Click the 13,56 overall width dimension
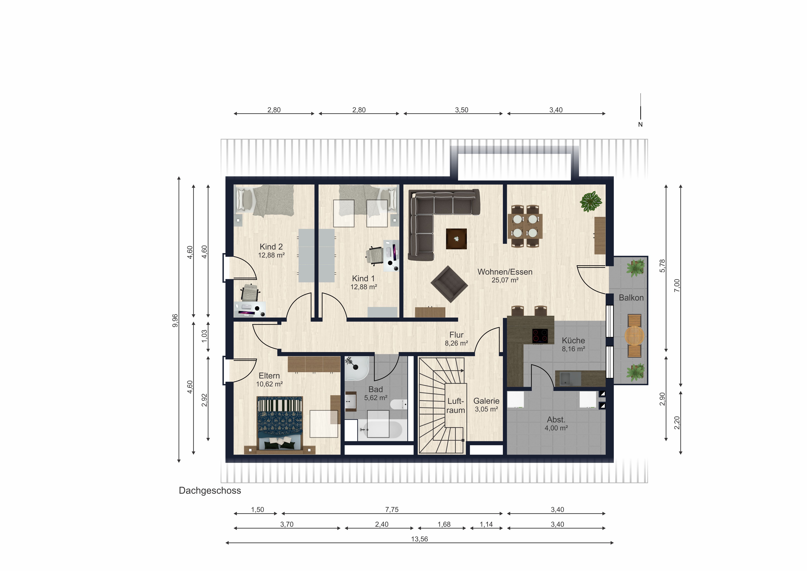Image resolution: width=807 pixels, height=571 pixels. tap(419, 539)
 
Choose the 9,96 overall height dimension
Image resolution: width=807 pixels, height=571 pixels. tap(175, 320)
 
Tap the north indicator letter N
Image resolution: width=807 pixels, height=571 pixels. tap(640, 125)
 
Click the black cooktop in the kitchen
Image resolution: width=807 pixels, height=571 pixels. tap(540, 336)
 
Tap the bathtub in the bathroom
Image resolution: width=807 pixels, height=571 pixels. tap(380, 430)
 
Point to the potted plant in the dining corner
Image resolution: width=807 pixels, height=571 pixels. tap(591, 202)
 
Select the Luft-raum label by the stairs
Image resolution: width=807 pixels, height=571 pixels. tap(456, 406)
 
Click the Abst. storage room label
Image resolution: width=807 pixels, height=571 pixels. tap(556, 420)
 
